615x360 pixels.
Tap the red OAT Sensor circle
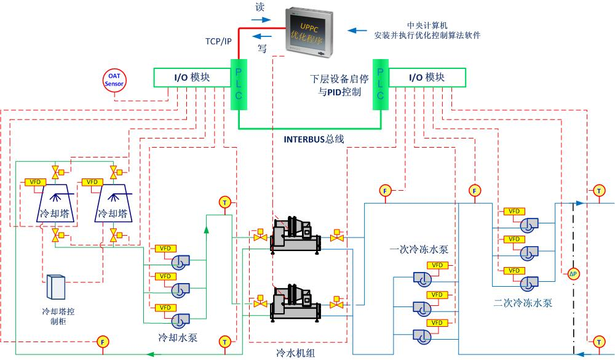114,80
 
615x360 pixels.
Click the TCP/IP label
218,41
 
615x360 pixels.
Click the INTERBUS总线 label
313,139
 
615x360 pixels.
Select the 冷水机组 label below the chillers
295,352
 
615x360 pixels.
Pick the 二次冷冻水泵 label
523,303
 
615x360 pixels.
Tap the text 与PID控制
336,92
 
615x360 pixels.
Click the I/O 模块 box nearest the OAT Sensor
191,77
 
